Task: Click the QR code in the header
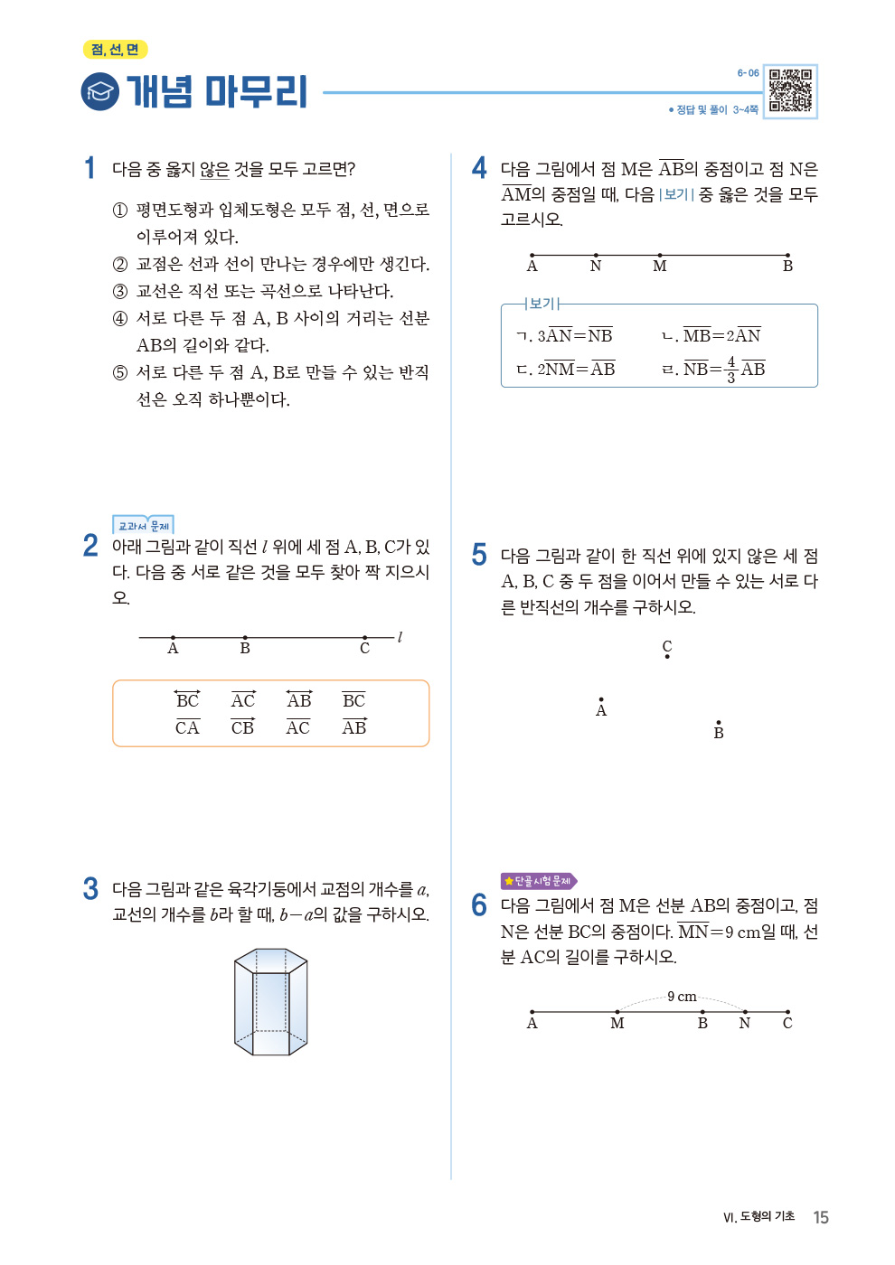[790, 91]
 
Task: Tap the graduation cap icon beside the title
[99, 91]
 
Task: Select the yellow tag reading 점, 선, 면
[115, 50]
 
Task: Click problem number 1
[89, 168]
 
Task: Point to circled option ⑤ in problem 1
[120, 373]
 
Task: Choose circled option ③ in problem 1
[120, 292]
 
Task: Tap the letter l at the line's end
[400, 637]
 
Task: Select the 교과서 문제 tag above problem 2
[143, 525]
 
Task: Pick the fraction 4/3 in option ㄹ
[731, 369]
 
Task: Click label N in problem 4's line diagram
[596, 266]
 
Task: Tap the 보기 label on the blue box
[542, 304]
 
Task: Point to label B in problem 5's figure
[719, 733]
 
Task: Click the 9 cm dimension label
[682, 997]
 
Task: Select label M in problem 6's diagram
[617, 1023]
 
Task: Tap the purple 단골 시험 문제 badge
[539, 881]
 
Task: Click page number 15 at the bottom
[821, 1217]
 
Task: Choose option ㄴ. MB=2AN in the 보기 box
[711, 336]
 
